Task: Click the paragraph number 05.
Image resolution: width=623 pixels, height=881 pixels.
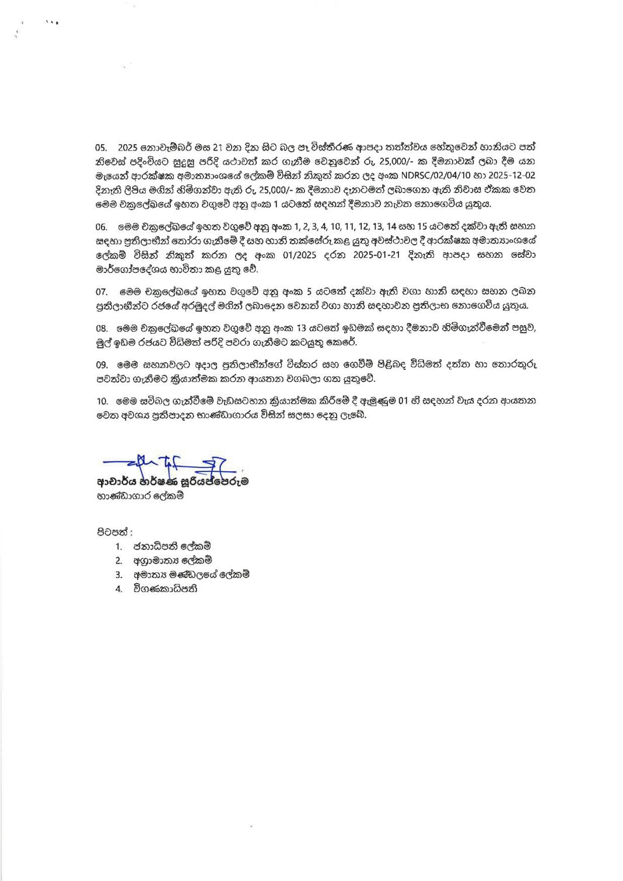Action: point(101,148)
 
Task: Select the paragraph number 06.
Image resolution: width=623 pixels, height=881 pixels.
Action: point(101,227)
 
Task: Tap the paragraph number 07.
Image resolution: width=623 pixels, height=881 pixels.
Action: point(101,292)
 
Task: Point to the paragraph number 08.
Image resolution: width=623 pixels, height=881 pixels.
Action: point(101,328)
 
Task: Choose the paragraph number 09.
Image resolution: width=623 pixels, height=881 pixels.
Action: point(101,365)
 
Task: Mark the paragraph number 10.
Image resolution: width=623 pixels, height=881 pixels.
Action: point(102,401)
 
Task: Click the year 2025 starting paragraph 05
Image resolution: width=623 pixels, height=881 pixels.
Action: point(128,148)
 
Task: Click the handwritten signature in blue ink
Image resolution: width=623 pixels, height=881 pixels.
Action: point(169,464)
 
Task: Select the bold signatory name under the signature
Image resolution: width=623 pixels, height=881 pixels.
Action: point(173,482)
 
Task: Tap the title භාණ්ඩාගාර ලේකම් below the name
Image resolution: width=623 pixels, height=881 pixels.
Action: point(140,496)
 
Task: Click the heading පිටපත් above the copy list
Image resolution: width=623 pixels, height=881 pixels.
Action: point(114,532)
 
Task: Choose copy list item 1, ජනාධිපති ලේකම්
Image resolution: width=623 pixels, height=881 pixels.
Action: point(171,546)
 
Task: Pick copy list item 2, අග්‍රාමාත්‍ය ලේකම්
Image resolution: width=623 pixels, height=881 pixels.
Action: point(172,560)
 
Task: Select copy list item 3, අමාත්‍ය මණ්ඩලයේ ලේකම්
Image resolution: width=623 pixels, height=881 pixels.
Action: point(191,575)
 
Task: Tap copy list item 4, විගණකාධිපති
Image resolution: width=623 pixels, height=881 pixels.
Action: point(165,589)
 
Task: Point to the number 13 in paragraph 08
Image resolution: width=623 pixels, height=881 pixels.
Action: point(301,328)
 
